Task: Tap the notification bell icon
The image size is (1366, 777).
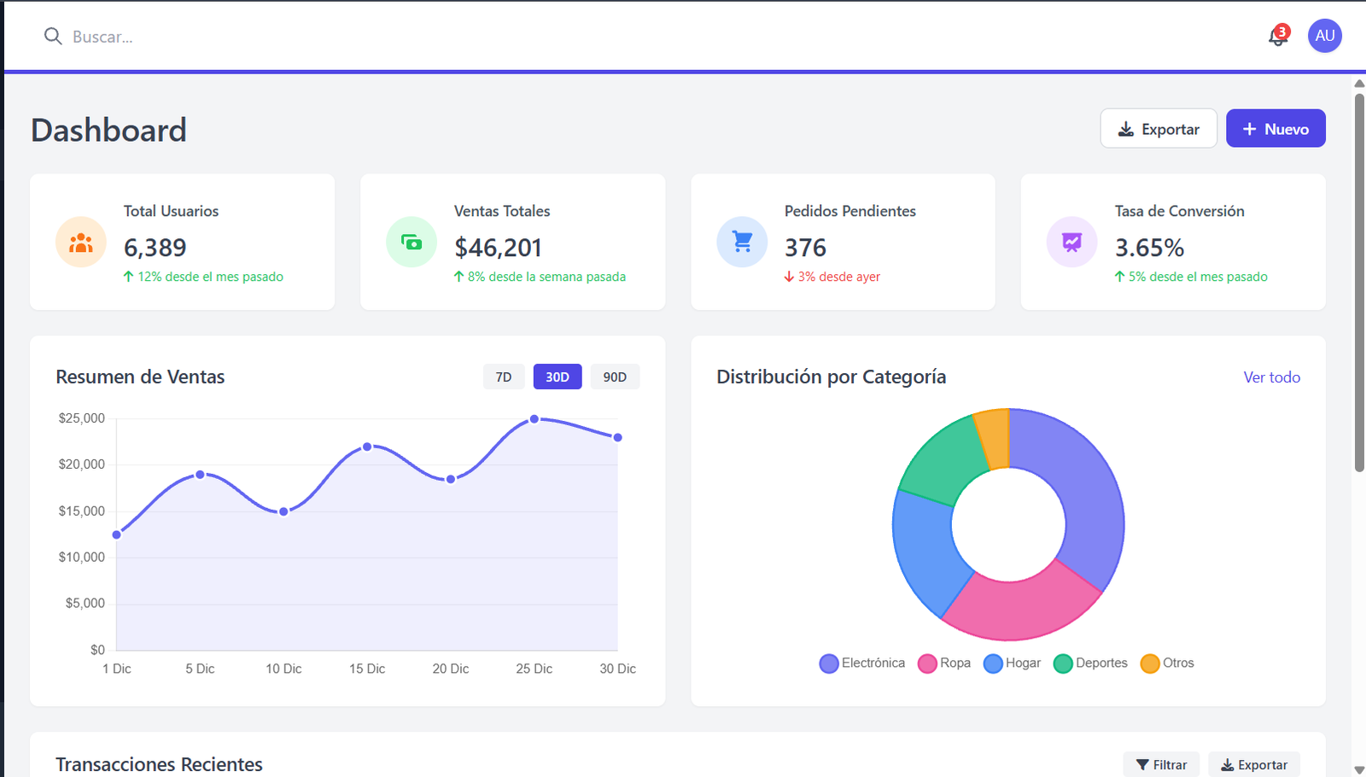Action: click(1277, 37)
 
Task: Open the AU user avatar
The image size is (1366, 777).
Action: click(1324, 36)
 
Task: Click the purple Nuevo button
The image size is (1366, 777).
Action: click(1275, 129)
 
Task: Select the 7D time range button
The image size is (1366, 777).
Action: click(504, 377)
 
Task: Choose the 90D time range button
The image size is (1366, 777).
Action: click(615, 377)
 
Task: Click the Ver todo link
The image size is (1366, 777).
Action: click(1271, 377)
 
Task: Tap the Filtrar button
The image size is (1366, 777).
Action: click(1161, 764)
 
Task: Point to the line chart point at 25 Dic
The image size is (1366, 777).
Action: click(534, 419)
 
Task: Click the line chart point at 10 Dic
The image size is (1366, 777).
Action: click(283, 511)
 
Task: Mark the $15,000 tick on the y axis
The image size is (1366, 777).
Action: click(82, 511)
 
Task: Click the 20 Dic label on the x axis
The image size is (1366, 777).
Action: click(450, 669)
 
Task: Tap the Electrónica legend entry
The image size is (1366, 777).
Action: click(862, 663)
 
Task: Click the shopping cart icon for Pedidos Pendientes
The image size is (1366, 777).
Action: click(742, 242)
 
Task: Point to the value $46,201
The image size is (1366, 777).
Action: click(498, 248)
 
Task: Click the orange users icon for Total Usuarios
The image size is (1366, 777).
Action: click(81, 242)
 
